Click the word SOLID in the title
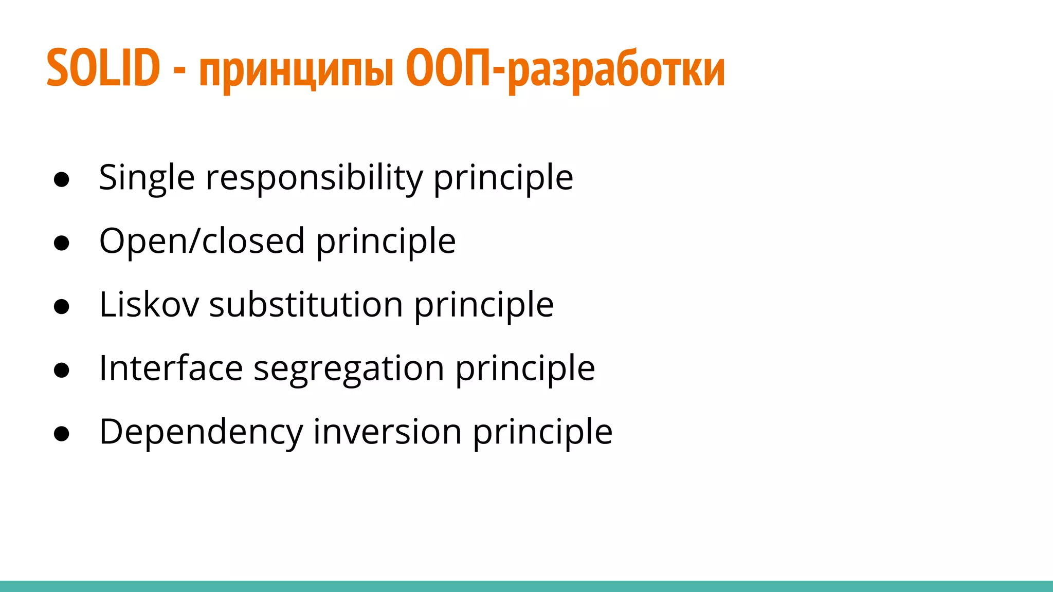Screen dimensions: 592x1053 point(103,68)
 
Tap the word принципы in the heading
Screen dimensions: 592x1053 point(296,70)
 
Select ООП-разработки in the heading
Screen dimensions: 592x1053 point(565,70)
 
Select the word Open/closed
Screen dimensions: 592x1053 point(202,242)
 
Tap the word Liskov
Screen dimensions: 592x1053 point(149,305)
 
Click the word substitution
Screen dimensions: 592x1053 point(306,305)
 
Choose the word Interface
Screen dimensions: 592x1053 point(171,368)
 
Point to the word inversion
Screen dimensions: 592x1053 point(387,432)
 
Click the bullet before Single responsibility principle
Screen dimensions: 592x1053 point(61,180)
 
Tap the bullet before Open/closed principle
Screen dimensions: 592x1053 point(61,243)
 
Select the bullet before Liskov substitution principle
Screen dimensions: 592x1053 point(61,307)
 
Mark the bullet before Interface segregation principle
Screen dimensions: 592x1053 point(61,370)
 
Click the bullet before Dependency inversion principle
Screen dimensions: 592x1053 point(61,434)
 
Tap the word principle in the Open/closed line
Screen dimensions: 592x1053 point(386,242)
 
